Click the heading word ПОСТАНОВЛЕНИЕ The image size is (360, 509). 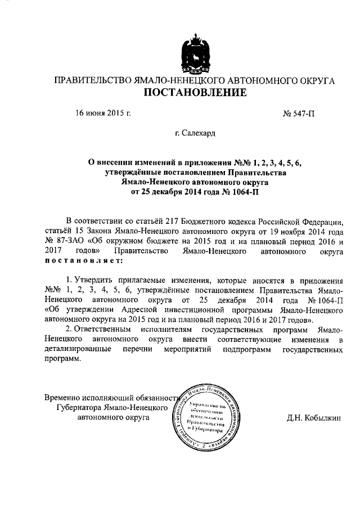(x=193, y=94)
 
